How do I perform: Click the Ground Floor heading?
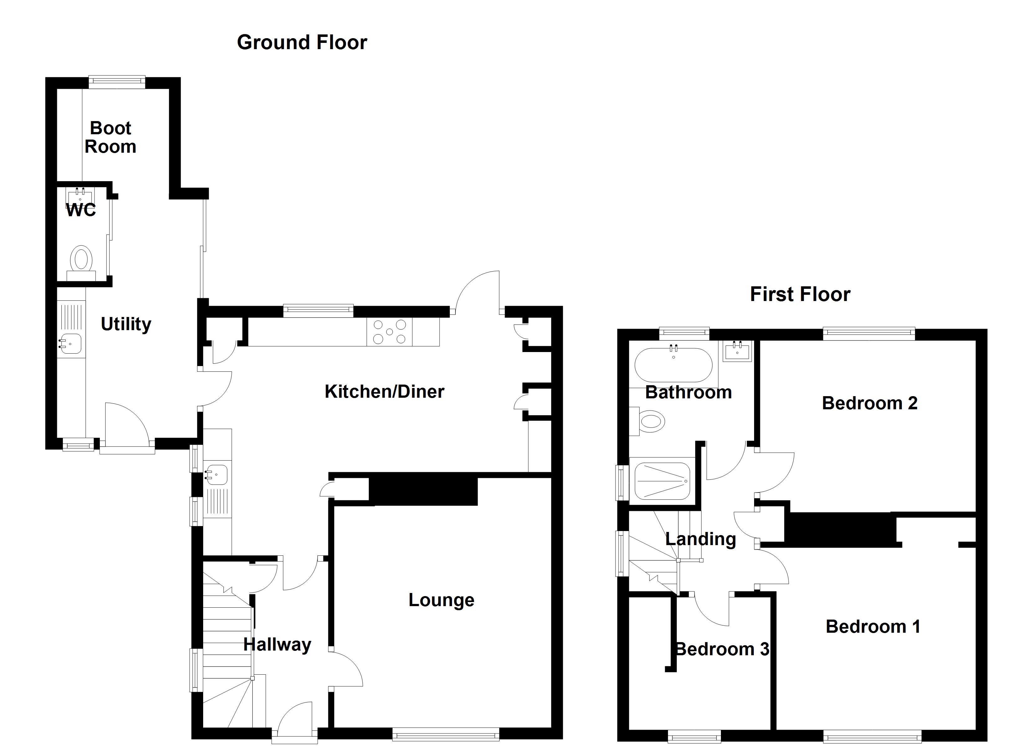click(302, 42)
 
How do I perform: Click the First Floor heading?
click(800, 294)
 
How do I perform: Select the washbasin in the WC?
click(80, 196)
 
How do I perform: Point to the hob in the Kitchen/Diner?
click(389, 332)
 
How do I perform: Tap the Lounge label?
click(441, 600)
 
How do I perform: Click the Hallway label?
click(277, 644)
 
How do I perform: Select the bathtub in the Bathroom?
click(673, 365)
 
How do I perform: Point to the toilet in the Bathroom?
click(650, 422)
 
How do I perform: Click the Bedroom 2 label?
click(869, 403)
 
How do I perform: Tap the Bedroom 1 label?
click(873, 627)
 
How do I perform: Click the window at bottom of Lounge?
click(445, 734)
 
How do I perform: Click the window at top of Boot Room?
click(116, 82)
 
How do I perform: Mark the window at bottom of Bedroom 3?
click(694, 736)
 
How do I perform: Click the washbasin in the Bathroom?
click(737, 352)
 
